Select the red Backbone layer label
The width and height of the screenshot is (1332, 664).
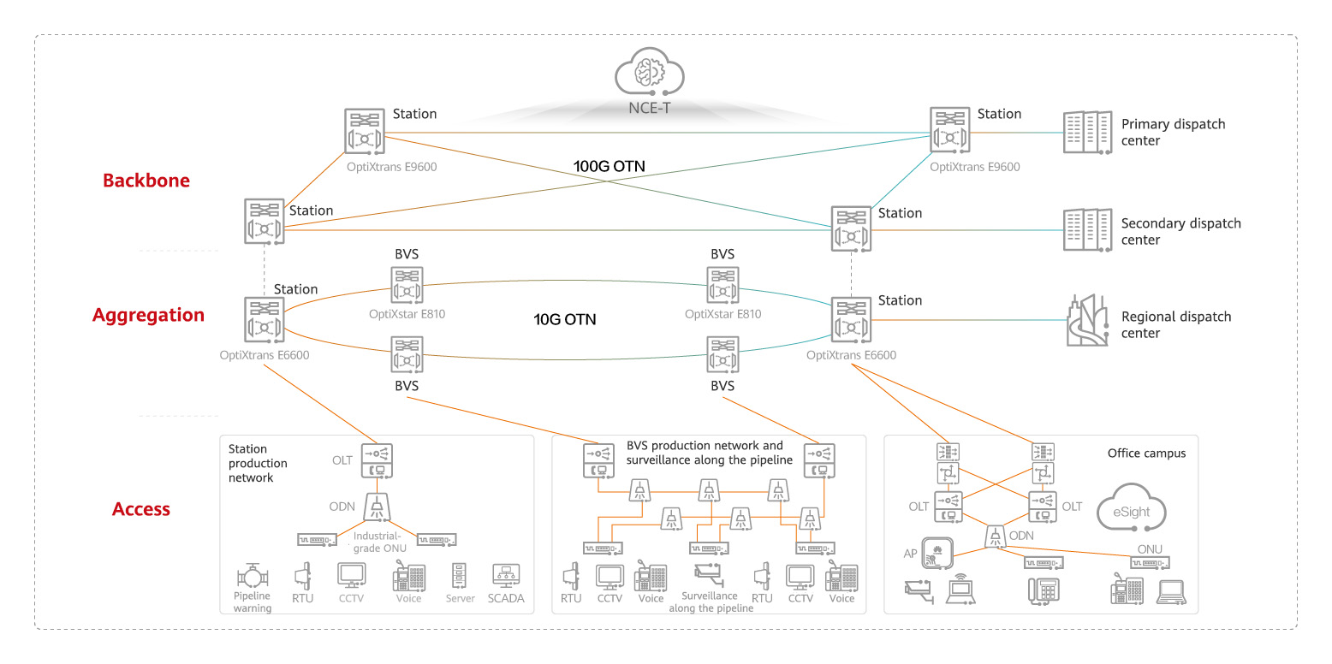coord(146,181)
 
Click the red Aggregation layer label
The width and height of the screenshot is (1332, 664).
coord(148,315)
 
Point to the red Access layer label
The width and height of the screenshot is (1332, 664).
coord(141,509)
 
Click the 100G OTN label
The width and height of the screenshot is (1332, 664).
coord(610,165)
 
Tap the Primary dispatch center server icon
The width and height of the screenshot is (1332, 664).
coord(1085,133)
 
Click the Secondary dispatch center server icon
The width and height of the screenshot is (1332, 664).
coord(1085,231)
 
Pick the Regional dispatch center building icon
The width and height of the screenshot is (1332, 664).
coord(1087,321)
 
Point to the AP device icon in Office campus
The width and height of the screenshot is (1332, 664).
coord(938,556)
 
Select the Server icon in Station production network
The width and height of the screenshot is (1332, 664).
coord(460,576)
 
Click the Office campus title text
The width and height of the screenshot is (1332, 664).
coord(1146,454)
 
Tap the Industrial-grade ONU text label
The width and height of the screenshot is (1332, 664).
coord(377,542)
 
